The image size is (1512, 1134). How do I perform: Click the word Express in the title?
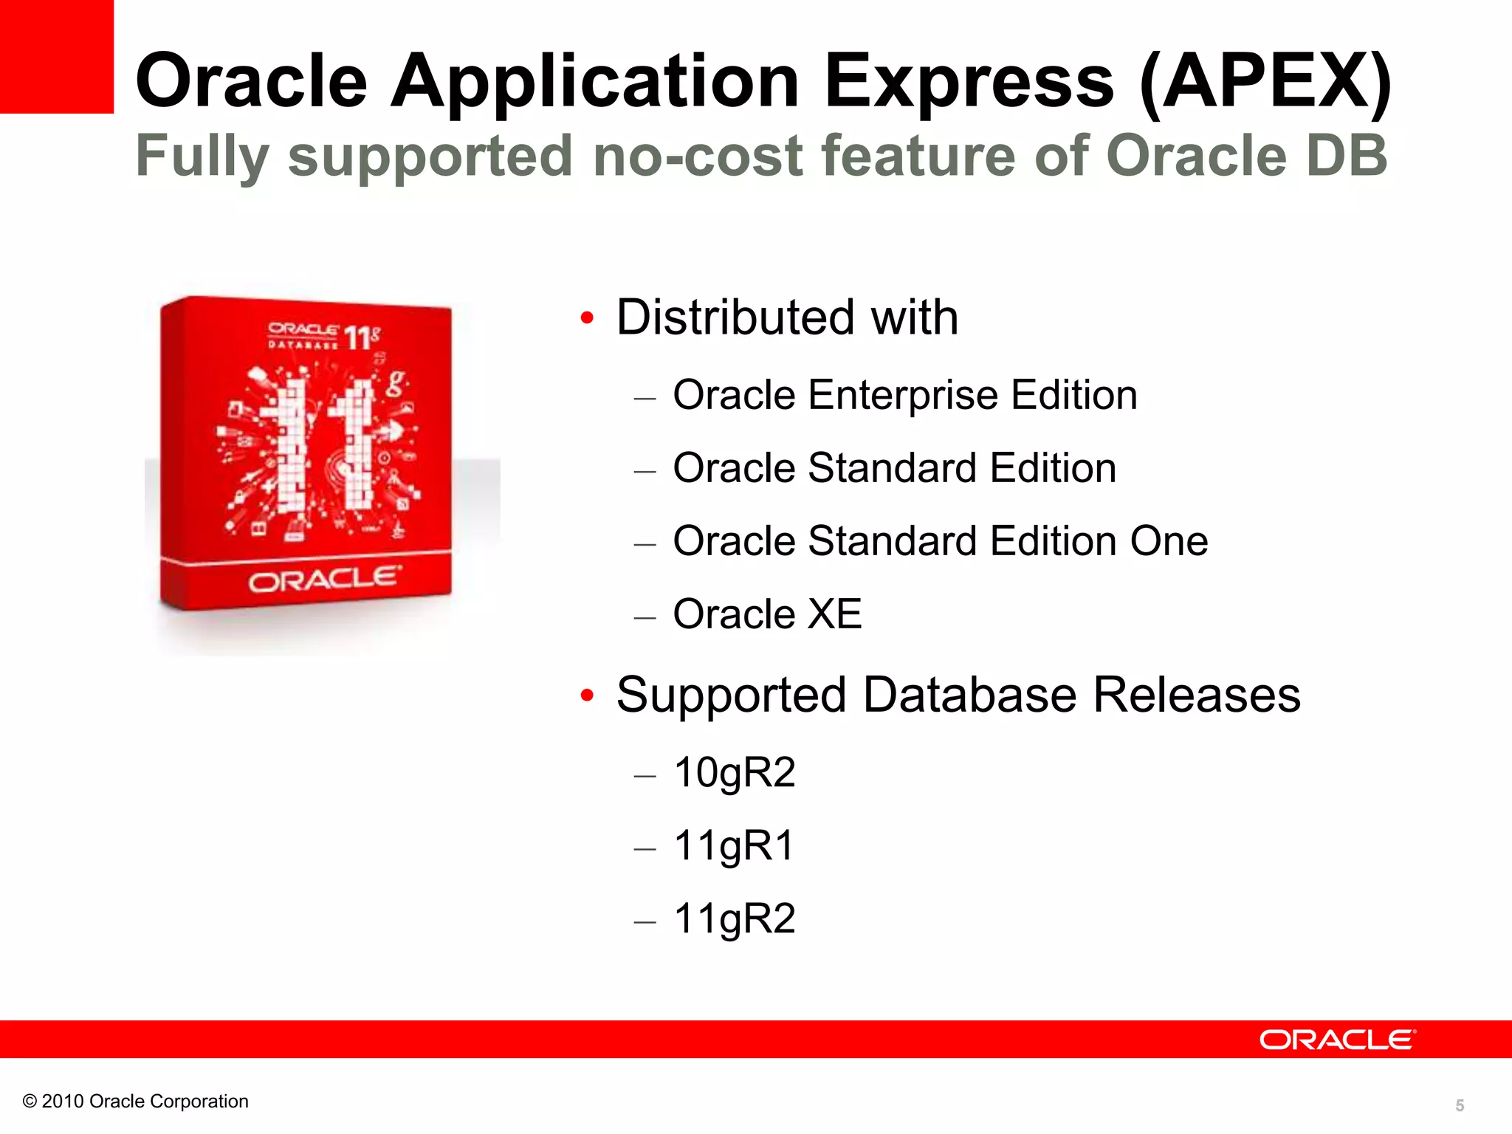pyautogui.click(x=968, y=81)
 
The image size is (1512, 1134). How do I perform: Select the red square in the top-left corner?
pyautogui.click(x=56, y=56)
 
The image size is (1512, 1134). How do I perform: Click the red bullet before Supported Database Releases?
pyautogui.click(x=587, y=695)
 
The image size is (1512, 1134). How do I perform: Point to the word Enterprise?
pyautogui.click(x=904, y=396)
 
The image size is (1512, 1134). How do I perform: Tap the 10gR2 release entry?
pyautogui.click(x=734, y=773)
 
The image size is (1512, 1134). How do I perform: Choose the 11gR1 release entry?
pyautogui.click(x=734, y=846)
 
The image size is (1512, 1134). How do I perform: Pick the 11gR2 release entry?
pyautogui.click(x=734, y=919)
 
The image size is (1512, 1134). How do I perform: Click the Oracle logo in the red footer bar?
pyautogui.click(x=1337, y=1039)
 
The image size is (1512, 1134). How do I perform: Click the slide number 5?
pyautogui.click(x=1459, y=1105)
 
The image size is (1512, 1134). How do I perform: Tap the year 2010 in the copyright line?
pyautogui.click(x=62, y=1102)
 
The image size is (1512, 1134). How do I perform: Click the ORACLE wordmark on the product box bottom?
pyautogui.click(x=325, y=580)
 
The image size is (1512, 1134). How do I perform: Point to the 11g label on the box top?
pyautogui.click(x=362, y=337)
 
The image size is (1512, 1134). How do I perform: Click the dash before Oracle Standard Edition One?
pyautogui.click(x=645, y=545)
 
